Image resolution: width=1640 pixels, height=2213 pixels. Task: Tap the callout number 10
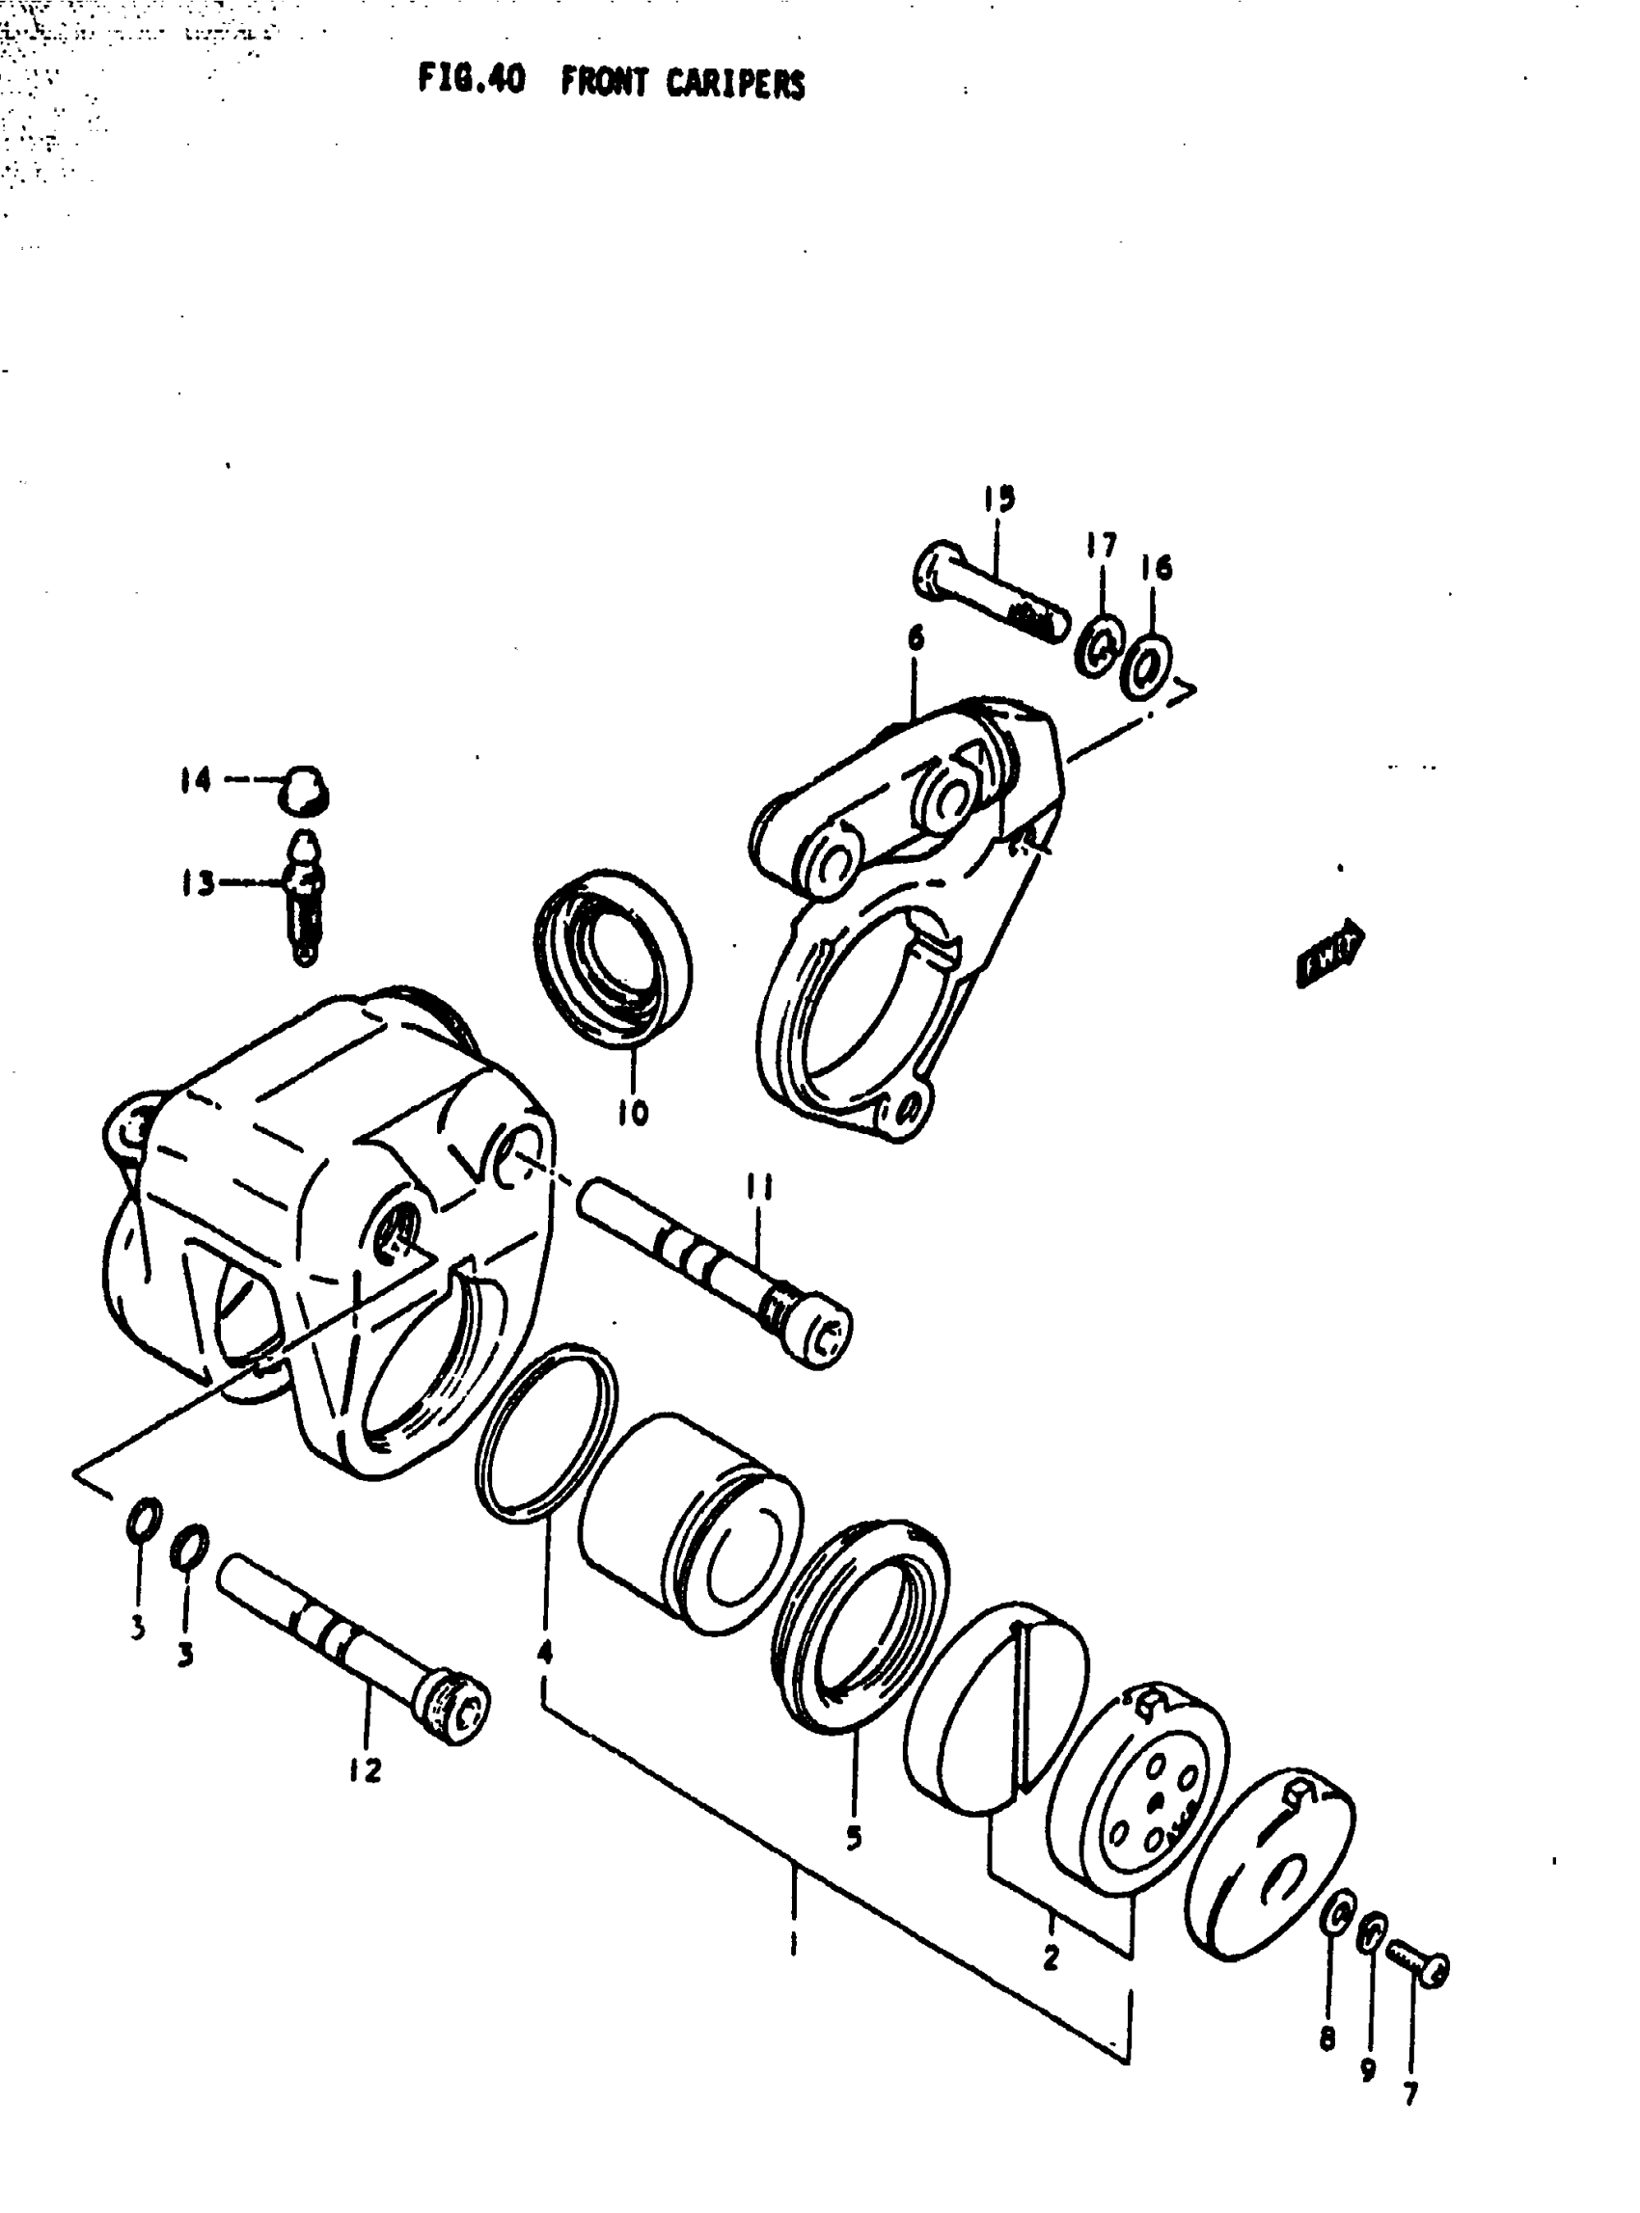pos(633,1114)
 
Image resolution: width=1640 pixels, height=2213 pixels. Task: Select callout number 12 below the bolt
pos(366,1769)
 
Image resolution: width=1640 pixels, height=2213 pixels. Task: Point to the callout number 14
pos(196,780)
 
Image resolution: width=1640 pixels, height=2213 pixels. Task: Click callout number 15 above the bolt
pos(999,499)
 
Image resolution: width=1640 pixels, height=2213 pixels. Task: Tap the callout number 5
pos(854,1838)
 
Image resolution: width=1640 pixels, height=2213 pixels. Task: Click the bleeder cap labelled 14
pos(304,789)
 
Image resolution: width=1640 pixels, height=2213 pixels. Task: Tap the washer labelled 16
pos(1147,668)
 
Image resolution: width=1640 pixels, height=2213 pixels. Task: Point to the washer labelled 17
pos(1099,646)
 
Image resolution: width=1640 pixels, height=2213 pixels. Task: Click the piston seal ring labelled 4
pos(544,1433)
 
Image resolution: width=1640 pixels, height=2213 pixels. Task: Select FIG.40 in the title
pos(471,79)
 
